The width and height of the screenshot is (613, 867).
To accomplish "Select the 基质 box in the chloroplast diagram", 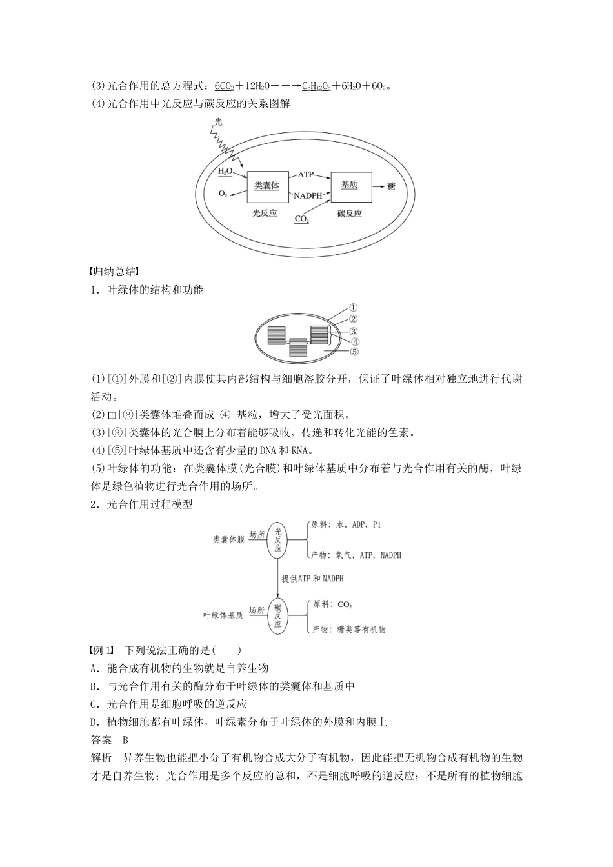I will [350, 185].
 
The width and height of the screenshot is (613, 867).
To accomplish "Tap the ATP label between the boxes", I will [305, 175].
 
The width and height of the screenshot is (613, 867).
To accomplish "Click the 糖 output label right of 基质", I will [391, 186].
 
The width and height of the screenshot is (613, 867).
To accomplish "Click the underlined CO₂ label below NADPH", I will [301, 219].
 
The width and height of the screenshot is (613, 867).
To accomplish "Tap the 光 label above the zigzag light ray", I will [218, 121].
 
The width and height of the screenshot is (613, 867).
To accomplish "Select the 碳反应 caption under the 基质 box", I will [350, 214].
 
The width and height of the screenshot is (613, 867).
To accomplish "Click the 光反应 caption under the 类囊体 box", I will [265, 214].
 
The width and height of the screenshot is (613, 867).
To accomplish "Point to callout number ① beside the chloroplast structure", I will [353, 308].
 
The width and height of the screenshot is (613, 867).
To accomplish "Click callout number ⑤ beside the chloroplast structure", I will [354, 352].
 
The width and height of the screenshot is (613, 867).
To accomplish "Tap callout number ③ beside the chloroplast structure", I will [354, 331].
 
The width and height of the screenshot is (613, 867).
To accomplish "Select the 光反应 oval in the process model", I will [278, 539].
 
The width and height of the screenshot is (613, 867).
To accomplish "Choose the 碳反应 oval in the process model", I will [277, 615].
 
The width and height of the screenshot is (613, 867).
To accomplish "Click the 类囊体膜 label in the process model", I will [229, 539].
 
